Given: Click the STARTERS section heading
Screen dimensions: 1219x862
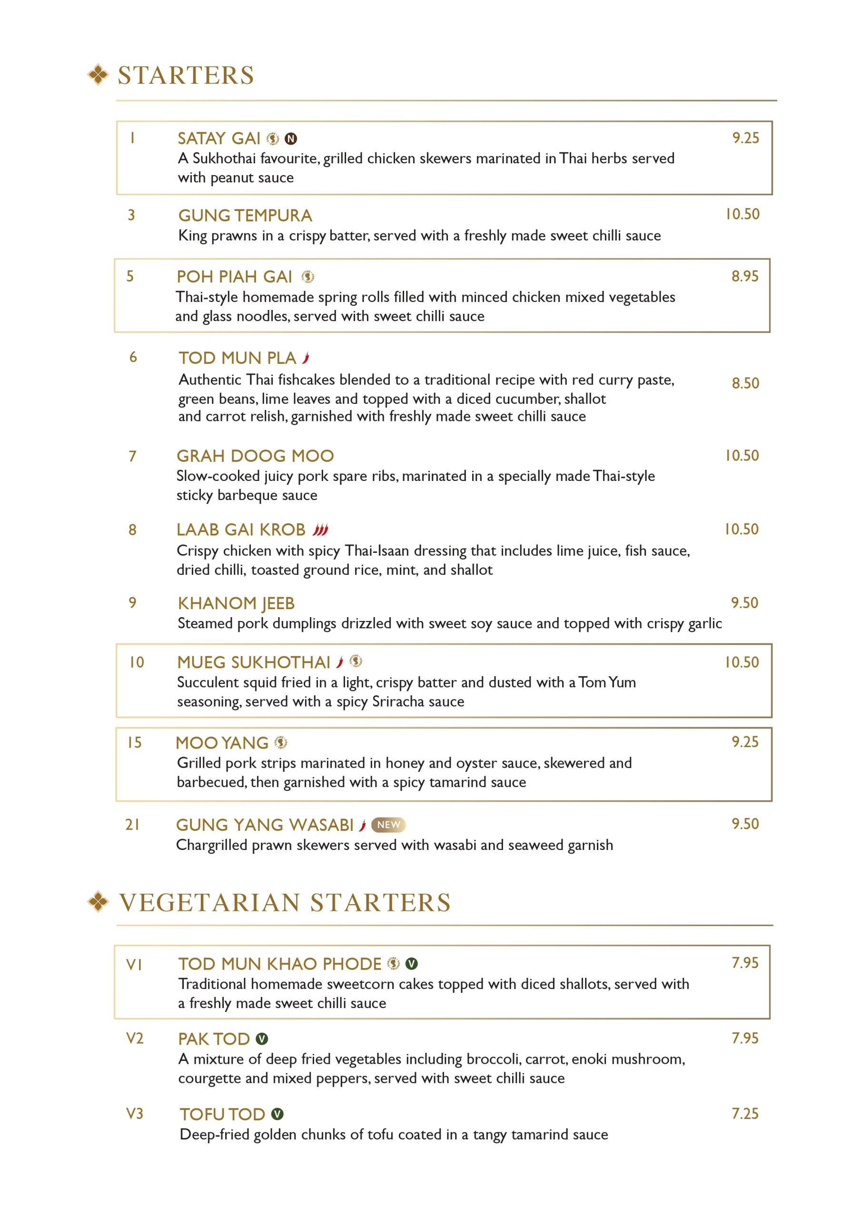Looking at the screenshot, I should tap(186, 75).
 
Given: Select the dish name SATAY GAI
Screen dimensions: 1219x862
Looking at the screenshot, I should tap(218, 139).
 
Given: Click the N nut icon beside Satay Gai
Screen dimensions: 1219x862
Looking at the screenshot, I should tap(291, 139).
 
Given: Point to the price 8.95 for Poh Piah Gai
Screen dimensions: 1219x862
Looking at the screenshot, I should tap(745, 276).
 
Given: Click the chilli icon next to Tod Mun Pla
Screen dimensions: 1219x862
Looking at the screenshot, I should tap(306, 359).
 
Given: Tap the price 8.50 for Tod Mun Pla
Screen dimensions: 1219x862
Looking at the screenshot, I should tap(745, 383).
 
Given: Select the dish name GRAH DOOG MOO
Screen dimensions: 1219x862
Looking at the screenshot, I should tap(255, 456).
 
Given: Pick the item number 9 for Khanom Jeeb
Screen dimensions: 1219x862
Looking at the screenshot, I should tap(133, 603).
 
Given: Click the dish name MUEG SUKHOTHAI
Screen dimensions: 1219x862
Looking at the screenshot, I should tap(254, 662).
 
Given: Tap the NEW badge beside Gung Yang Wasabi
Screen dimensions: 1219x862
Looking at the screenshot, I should tap(388, 825).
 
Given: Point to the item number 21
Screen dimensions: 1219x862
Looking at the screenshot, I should tap(133, 825).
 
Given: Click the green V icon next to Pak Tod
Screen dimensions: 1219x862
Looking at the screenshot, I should tap(262, 1039).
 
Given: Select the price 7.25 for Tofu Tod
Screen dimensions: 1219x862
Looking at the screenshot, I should tap(745, 1114).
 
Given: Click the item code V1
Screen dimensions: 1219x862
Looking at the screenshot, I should tap(134, 965).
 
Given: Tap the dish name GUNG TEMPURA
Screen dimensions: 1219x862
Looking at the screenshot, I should tap(245, 216).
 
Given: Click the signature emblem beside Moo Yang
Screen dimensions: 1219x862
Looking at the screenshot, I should tap(281, 743).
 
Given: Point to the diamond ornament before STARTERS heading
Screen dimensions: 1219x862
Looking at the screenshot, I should tap(98, 75).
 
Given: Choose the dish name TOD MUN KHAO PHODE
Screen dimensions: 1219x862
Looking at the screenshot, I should tap(280, 964).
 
